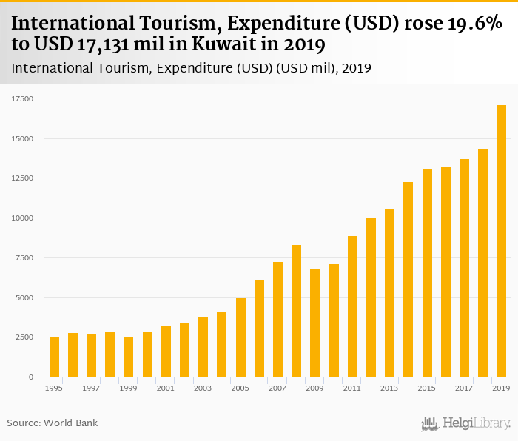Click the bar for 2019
click(501, 241)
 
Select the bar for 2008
click(296, 311)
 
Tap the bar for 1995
click(54, 357)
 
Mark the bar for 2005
click(240, 337)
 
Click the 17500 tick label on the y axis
click(22, 98)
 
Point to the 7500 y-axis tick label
click(25, 257)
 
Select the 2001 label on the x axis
click(166, 388)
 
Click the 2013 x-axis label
click(389, 388)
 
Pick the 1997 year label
click(91, 388)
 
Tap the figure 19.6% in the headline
click(467, 23)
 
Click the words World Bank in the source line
click(70, 423)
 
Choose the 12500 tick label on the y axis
click(22, 178)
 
